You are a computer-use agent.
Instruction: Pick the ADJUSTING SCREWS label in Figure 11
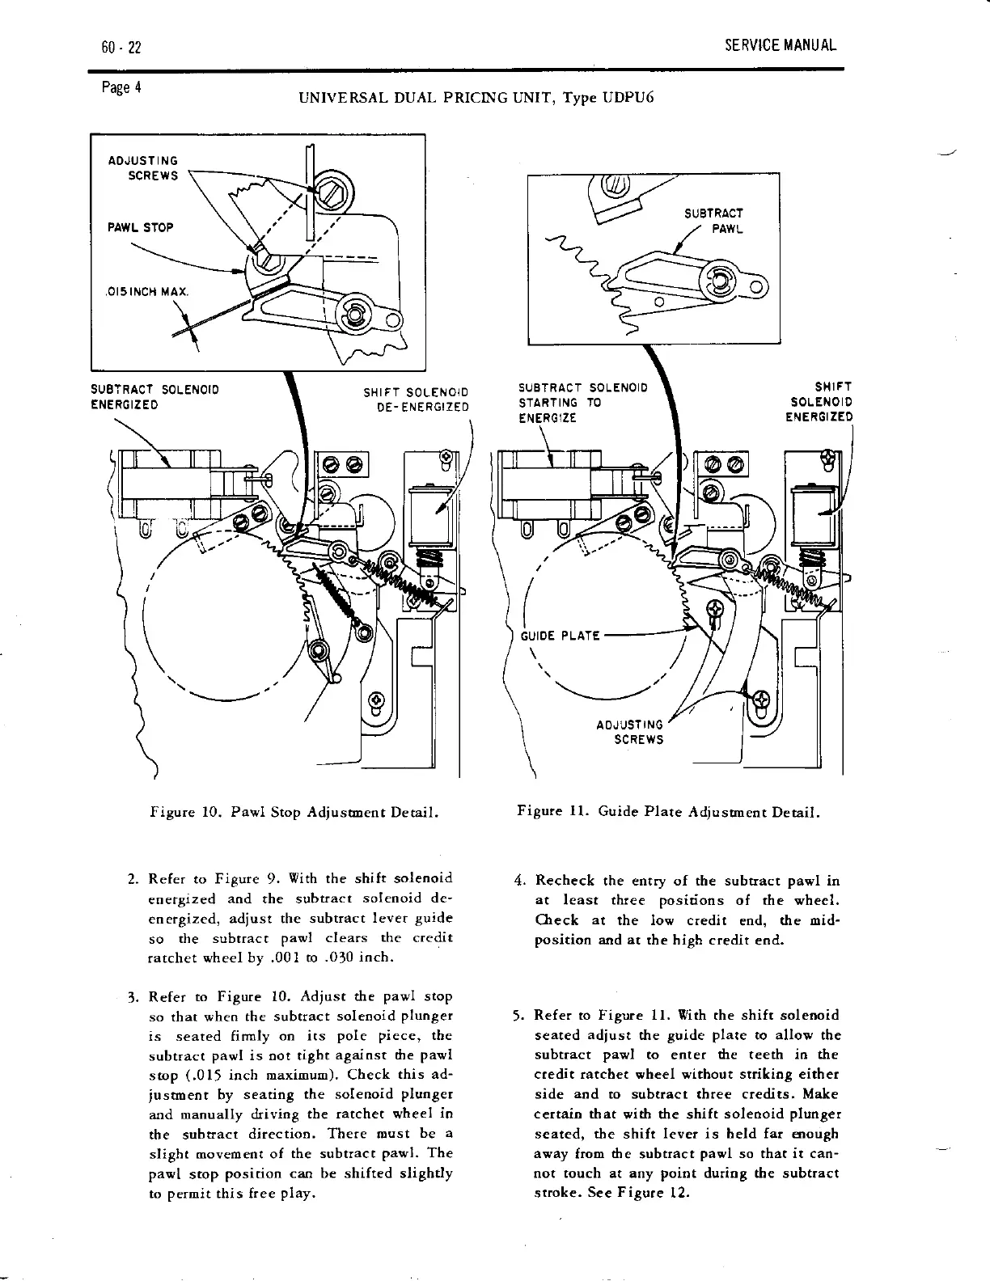629,732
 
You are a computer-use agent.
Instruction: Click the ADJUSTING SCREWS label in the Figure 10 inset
142,168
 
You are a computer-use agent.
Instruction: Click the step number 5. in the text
521,1016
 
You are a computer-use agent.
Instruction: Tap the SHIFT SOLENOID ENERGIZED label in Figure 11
819,402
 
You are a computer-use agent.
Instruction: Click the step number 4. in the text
522,880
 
